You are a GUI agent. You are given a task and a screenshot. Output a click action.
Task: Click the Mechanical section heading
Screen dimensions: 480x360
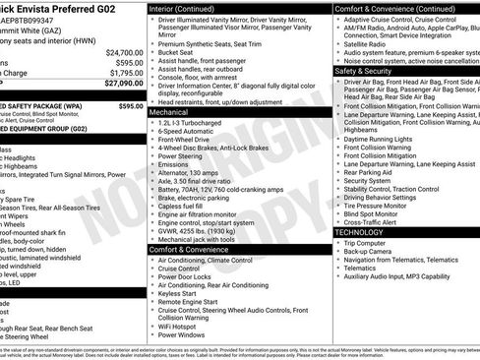[168, 113]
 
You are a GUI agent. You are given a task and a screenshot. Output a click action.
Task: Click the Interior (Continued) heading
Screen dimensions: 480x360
[189, 8]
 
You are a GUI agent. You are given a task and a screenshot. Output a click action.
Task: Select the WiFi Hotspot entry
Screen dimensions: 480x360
[180, 325]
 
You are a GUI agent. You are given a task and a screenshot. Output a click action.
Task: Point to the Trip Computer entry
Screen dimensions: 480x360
[369, 242]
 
